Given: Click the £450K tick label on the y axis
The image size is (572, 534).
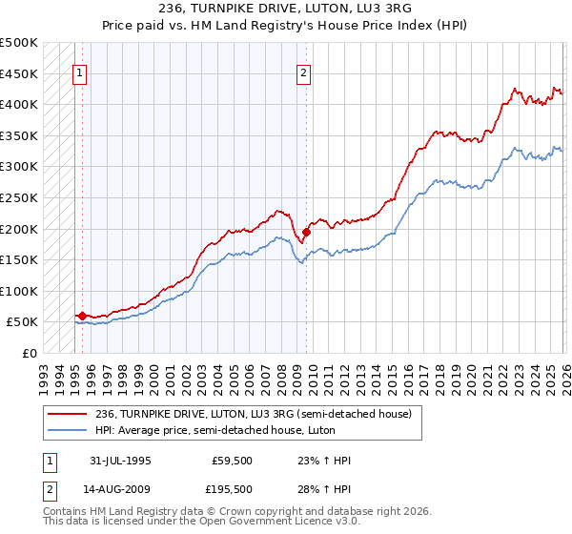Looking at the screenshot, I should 19,73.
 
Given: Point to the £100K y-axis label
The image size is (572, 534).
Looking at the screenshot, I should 19,291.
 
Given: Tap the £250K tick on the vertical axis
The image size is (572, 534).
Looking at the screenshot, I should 19,197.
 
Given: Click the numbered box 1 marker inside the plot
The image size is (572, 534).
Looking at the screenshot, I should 81,72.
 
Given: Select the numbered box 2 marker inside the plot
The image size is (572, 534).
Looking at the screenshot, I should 305,72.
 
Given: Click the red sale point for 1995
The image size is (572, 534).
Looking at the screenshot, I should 82,316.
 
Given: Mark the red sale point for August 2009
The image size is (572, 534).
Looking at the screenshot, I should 306,232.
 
